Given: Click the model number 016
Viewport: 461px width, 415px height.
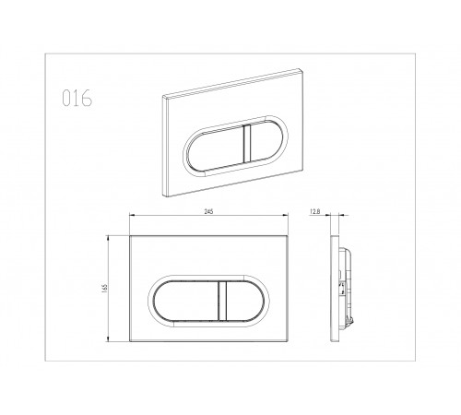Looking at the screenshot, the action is point(77,98).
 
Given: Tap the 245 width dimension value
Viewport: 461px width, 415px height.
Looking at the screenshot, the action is point(208,211).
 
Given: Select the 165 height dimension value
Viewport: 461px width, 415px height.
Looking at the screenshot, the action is point(104,289).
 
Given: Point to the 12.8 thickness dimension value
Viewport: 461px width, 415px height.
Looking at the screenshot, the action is point(315,211).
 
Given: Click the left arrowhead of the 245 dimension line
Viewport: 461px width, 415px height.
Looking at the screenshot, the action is point(132,215).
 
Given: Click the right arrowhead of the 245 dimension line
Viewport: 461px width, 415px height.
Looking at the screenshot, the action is point(285,215).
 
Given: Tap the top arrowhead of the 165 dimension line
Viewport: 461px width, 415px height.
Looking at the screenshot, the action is point(108,239).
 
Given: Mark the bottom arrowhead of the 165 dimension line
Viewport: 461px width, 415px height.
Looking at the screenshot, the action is point(108,338).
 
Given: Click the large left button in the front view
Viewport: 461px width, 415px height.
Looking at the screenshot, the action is point(186,301).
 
